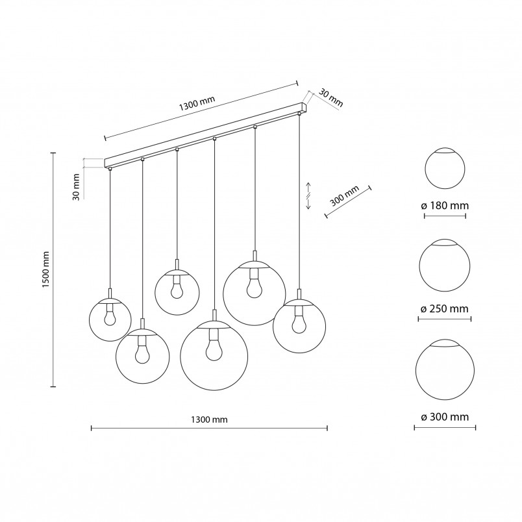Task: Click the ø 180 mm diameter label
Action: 445,206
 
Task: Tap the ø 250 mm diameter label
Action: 445,308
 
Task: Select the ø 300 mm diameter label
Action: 445,417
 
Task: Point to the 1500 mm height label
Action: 46,269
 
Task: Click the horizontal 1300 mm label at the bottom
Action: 209,419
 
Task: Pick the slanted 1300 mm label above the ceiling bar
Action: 197,103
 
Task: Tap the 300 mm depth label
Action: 345,196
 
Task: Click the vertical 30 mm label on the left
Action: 76,187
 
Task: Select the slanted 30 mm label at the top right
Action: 330,97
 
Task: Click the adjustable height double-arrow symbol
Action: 308,196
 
